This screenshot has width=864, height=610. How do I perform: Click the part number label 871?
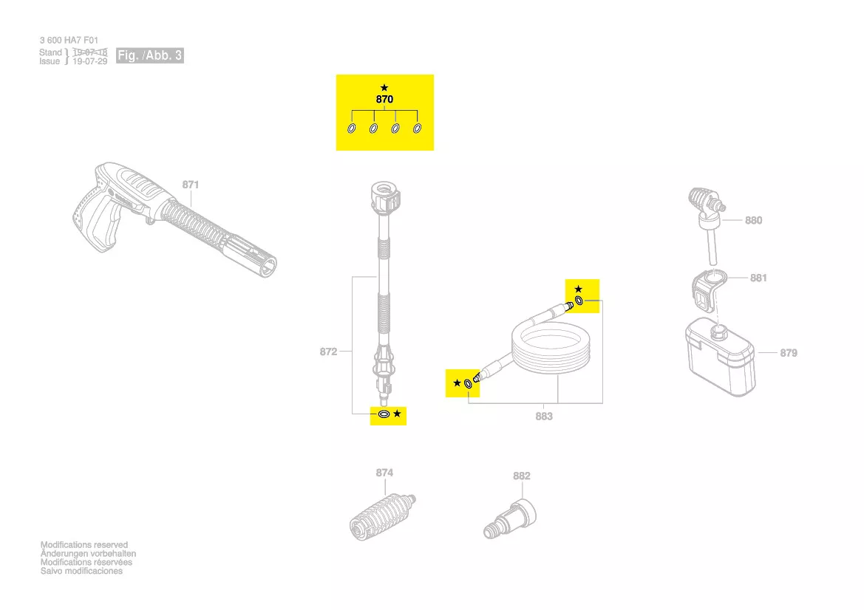[x=191, y=184]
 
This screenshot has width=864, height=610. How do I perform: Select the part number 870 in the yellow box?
[x=384, y=99]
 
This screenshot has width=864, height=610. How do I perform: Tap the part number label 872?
[x=328, y=352]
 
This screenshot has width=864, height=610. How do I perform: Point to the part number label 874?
[x=384, y=473]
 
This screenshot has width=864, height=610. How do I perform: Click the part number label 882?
[x=522, y=476]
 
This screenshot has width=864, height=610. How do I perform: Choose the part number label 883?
[x=544, y=417]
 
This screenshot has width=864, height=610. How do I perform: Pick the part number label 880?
[x=753, y=220]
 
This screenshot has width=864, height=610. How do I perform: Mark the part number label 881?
[x=758, y=278]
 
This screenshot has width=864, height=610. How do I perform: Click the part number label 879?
[x=789, y=353]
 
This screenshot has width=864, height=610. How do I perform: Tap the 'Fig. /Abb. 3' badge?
[x=150, y=56]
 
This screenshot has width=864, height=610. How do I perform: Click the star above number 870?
[x=384, y=87]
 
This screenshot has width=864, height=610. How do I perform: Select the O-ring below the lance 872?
[x=384, y=414]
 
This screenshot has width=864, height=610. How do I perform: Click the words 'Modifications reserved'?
[x=84, y=545]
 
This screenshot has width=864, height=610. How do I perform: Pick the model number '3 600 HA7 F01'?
[x=69, y=41]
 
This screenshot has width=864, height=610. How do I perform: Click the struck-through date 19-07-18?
[x=89, y=52]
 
